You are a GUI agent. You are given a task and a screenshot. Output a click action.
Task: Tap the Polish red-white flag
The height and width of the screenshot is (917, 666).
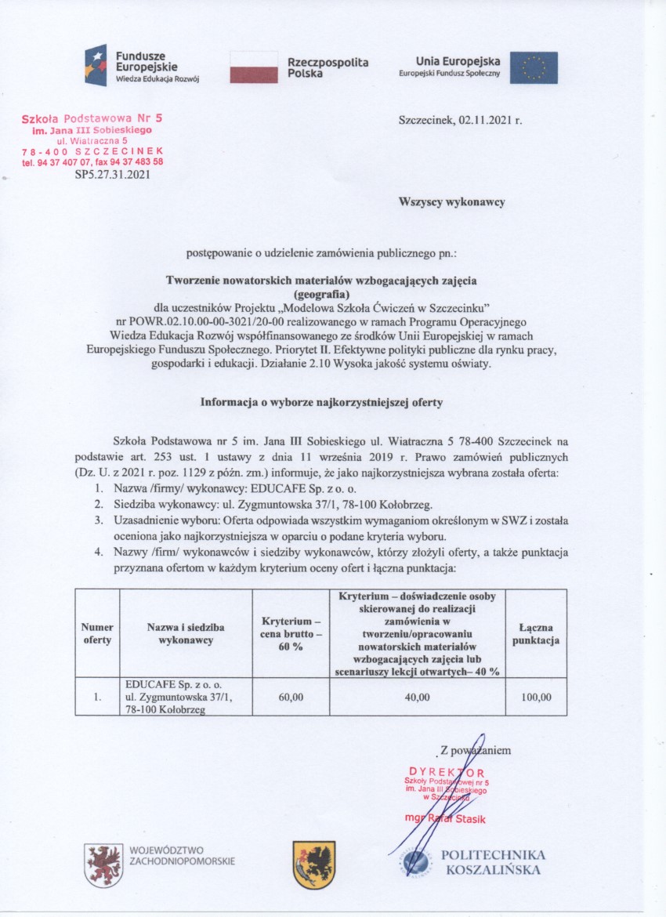(x=254, y=67)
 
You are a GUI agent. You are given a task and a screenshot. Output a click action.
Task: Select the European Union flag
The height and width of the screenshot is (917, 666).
(x=534, y=67)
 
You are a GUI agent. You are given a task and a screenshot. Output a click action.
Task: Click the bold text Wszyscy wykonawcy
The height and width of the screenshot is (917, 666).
(x=452, y=201)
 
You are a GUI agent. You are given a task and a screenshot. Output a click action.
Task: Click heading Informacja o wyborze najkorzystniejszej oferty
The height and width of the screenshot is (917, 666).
(x=322, y=402)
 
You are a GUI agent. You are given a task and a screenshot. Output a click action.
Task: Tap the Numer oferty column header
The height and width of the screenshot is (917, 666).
(x=97, y=633)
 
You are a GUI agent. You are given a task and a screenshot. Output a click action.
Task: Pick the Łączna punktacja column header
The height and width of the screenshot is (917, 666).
(x=536, y=633)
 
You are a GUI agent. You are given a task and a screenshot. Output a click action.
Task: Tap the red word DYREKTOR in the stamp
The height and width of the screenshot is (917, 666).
(x=447, y=772)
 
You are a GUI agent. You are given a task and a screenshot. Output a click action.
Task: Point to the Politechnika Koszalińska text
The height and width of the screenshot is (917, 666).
(x=493, y=862)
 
